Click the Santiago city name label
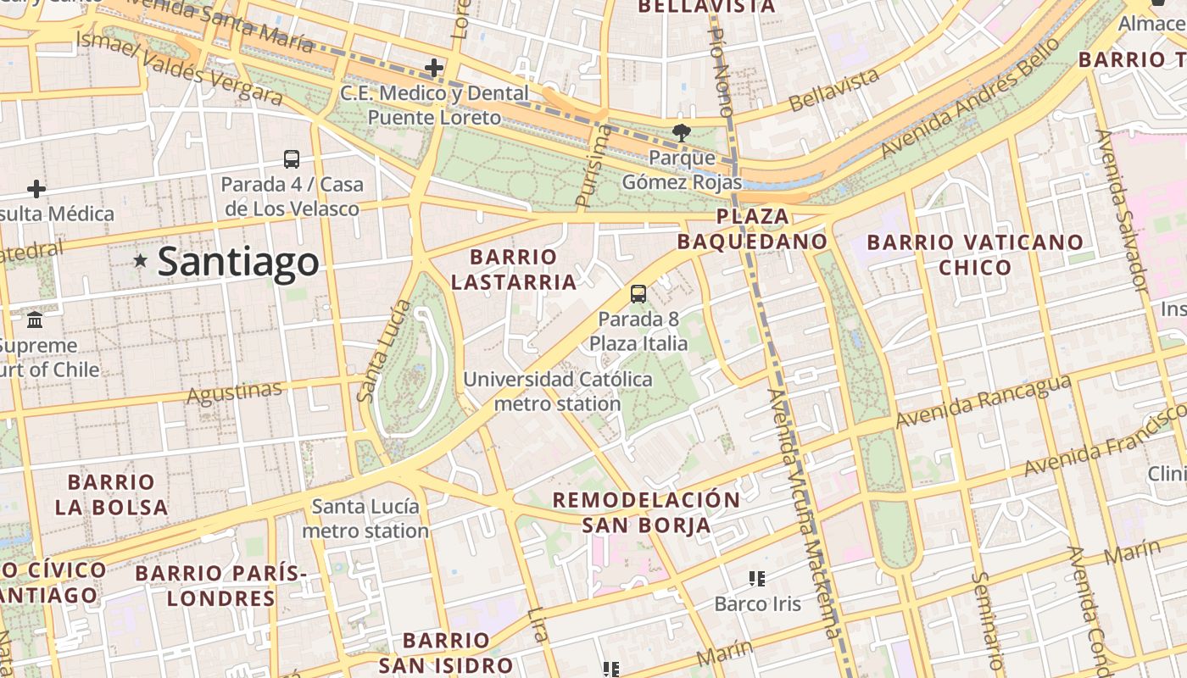point(238,262)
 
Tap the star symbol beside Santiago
point(141,261)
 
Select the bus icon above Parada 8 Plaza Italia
point(638,294)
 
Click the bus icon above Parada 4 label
point(291,158)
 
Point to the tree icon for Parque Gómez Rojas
point(681,132)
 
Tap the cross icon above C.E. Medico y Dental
point(434,67)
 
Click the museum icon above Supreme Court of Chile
point(36,320)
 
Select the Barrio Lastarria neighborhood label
point(514,269)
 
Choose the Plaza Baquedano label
point(752,229)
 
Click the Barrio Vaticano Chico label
point(975,254)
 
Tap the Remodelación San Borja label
point(647,512)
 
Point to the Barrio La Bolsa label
point(111,495)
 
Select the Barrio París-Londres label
point(220,586)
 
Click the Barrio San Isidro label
point(446,652)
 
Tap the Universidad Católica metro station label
point(558,392)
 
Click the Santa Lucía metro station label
point(365,519)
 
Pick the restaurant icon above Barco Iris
point(757,579)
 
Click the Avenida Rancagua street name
point(983,402)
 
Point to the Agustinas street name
point(234,392)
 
